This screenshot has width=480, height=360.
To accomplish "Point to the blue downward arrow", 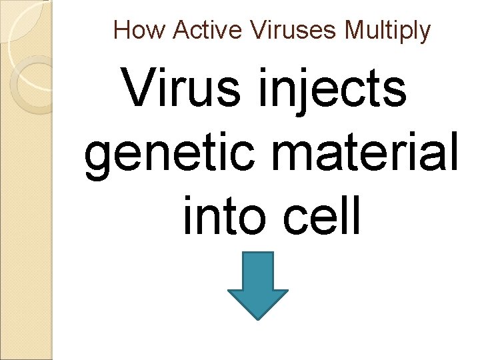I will click(x=258, y=283).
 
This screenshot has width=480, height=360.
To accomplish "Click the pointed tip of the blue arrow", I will click(x=258, y=317).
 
